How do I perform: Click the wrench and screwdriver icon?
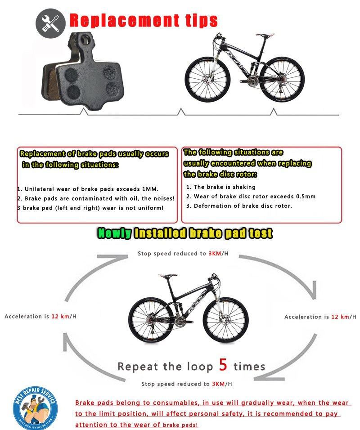point(50,22)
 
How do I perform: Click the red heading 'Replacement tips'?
point(144,21)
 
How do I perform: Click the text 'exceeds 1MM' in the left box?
point(138,189)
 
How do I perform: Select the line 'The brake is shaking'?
point(224,187)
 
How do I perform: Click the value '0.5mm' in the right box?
point(306,196)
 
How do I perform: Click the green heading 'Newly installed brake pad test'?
point(185,233)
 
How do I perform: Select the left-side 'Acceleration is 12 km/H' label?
point(40,316)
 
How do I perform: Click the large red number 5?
point(223,365)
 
